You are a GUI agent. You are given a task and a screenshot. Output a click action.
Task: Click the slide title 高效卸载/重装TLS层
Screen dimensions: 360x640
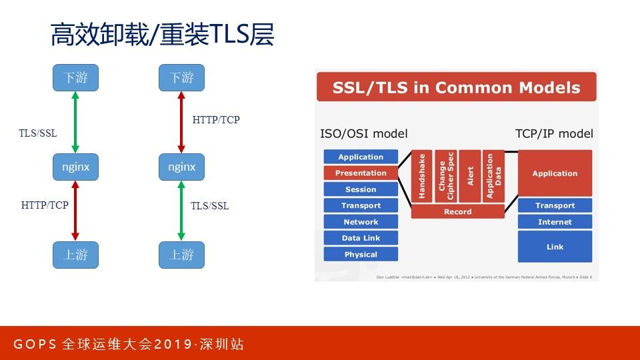pyautogui.click(x=162, y=35)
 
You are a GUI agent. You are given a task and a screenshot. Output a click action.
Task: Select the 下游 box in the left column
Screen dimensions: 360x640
pyautogui.click(x=75, y=78)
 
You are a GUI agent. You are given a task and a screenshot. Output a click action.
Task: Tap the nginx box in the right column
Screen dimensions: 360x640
pyautogui.click(x=181, y=167)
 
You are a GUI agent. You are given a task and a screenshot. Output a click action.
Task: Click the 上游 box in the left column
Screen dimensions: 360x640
pyautogui.click(x=75, y=255)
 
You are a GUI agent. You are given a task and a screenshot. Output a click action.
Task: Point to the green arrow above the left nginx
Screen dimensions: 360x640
pyautogui.click(x=75, y=123)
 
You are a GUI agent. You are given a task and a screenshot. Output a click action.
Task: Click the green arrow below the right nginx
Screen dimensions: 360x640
pyautogui.click(x=181, y=211)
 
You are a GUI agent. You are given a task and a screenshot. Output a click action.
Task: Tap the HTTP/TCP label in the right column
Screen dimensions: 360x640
pyautogui.click(x=215, y=120)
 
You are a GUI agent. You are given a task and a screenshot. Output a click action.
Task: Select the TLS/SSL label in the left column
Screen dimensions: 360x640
pyautogui.click(x=37, y=133)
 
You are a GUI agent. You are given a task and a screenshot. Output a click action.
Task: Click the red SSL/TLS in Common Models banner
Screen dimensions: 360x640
pyautogui.click(x=457, y=87)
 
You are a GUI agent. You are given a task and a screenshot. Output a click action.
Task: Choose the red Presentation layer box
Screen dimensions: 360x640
pyautogui.click(x=361, y=173)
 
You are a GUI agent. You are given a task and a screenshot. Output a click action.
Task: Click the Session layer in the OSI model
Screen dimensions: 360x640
pyautogui.click(x=361, y=189)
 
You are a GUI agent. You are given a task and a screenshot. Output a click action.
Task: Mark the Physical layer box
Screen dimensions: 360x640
pyautogui.click(x=361, y=255)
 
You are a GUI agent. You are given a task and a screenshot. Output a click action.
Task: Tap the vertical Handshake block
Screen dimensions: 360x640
pyautogui.click(x=421, y=176)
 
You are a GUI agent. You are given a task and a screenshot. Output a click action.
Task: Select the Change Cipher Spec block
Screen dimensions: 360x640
pyautogui.click(x=445, y=176)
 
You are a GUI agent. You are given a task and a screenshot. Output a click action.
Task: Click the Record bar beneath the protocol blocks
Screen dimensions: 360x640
pyautogui.click(x=457, y=212)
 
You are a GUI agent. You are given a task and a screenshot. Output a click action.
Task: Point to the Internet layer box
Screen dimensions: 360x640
pyautogui.click(x=555, y=222)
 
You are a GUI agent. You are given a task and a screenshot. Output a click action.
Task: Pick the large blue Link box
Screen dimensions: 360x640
pyautogui.click(x=555, y=247)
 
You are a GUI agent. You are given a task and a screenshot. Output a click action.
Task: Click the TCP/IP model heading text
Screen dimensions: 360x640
pyautogui.click(x=554, y=133)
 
